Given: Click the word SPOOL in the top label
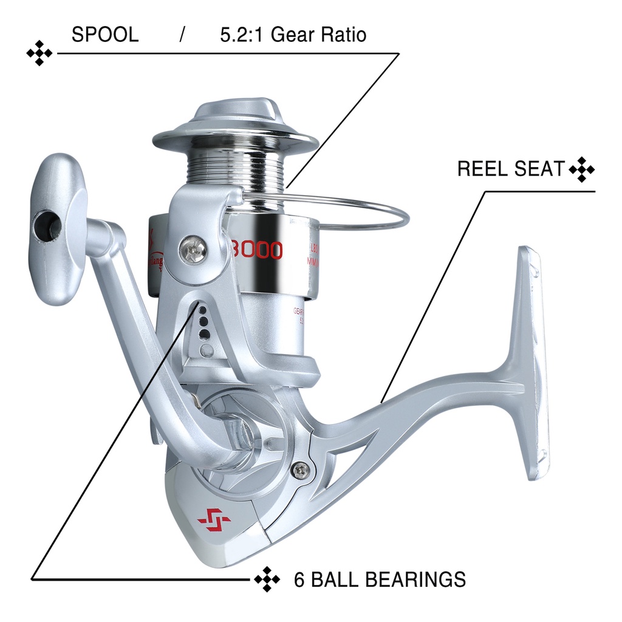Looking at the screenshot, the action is click(x=105, y=35).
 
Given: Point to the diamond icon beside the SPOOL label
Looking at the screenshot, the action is click(x=39, y=53).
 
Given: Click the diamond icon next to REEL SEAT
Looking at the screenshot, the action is click(x=582, y=169).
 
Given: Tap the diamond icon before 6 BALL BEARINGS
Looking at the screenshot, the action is click(x=267, y=579).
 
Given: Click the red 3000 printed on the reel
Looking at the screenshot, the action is click(x=257, y=250).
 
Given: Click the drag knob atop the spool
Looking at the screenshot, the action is click(x=235, y=119).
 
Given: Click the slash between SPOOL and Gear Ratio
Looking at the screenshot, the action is click(x=182, y=35).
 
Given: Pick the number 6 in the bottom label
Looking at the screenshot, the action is click(x=299, y=579).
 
